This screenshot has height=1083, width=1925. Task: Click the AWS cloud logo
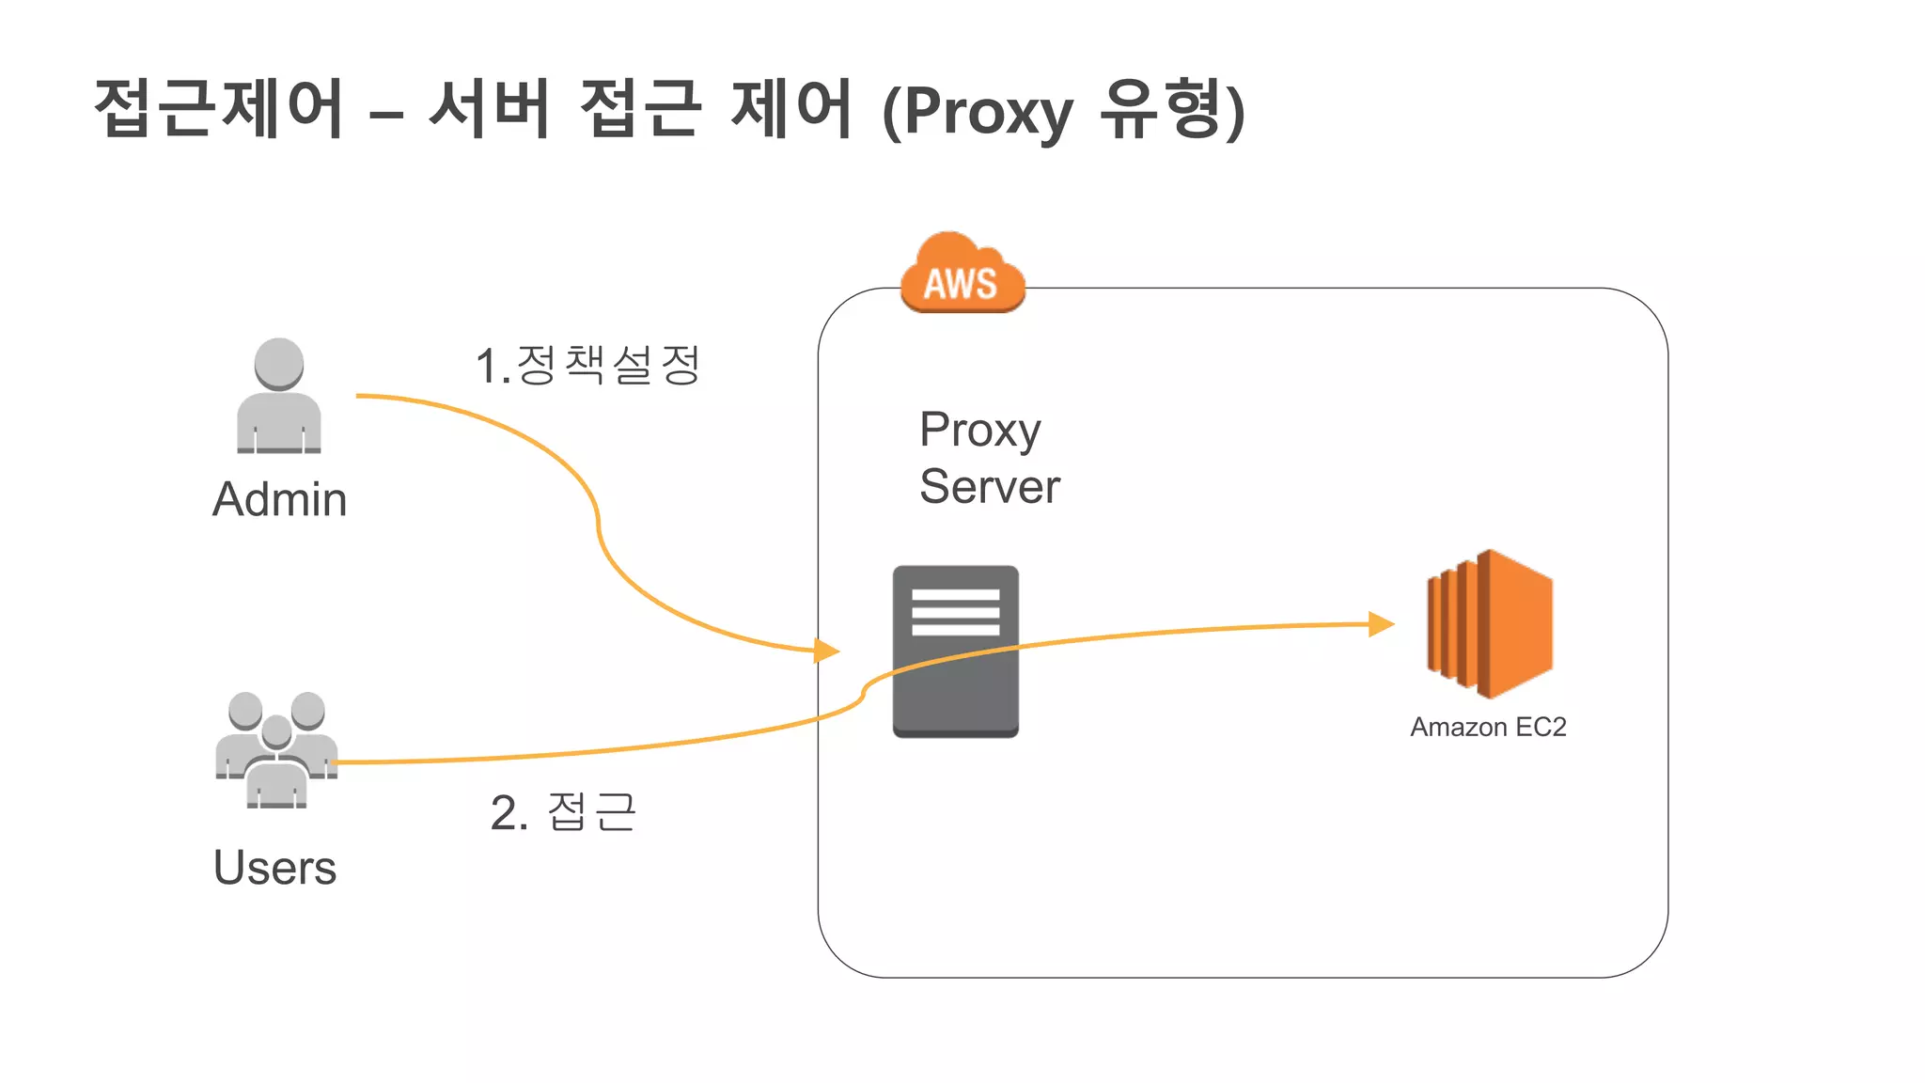click(x=962, y=274)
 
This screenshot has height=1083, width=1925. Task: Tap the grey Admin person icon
click(x=279, y=397)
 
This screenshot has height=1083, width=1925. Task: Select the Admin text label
click(x=279, y=499)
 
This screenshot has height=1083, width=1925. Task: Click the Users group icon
click(x=276, y=750)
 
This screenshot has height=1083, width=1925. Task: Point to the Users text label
click(x=274, y=868)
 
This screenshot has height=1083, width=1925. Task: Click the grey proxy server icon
click(x=955, y=651)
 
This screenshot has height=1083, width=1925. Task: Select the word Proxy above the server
click(x=979, y=431)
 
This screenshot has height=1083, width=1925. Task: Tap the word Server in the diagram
click(x=989, y=487)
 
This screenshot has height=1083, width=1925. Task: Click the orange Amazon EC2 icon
click(x=1490, y=624)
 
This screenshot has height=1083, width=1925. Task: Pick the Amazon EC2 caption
click(x=1488, y=727)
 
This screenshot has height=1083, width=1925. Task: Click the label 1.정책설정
click(x=587, y=365)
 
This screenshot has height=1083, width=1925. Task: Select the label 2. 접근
click(x=563, y=811)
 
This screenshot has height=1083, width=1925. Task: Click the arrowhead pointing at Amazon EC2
click(x=1381, y=623)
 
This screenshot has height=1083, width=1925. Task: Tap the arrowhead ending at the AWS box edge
click(x=826, y=650)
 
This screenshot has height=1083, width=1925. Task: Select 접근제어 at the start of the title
click(x=219, y=108)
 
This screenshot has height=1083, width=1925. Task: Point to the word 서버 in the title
click(x=489, y=108)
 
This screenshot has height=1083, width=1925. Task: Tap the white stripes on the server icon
click(x=955, y=612)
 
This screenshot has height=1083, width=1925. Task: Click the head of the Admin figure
click(x=279, y=363)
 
